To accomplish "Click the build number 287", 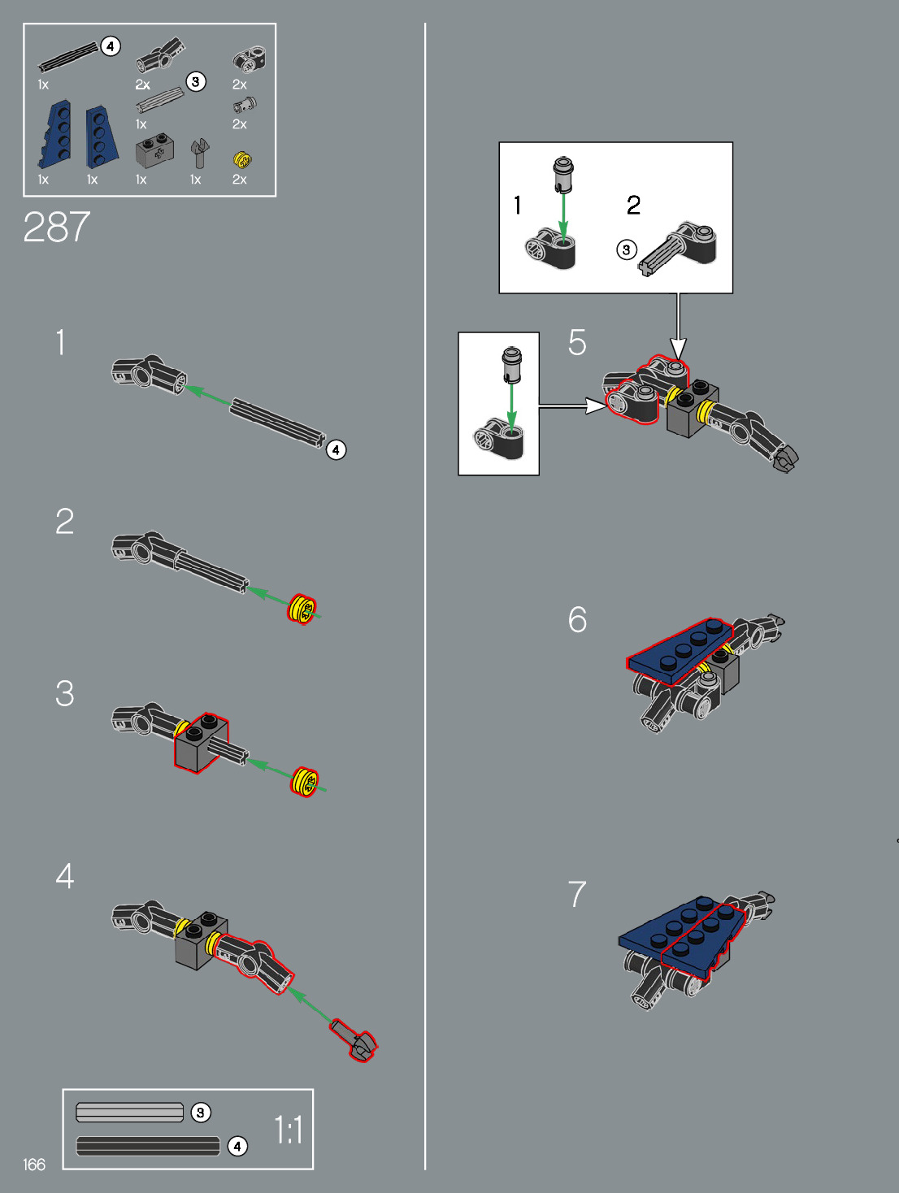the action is coord(56,227).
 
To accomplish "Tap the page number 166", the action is coord(34,1165).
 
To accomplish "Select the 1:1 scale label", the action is coord(289,1130).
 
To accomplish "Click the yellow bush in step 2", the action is coord(302,609).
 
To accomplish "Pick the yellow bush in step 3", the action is coord(304,781).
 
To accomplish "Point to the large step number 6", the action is coord(577,619).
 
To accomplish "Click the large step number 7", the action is coord(577,894).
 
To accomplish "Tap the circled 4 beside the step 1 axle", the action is coord(336,449).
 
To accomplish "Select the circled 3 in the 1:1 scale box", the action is coord(201,1112).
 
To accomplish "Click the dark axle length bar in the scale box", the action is coord(148,1146).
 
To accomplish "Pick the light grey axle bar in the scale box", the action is coord(130,1112).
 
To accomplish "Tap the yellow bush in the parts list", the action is coord(241,159).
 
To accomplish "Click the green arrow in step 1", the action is coord(208,396).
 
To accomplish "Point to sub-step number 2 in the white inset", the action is coord(634,205).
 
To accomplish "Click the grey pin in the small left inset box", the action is coord(511,365).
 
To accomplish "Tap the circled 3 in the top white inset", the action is coord(626,249).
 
